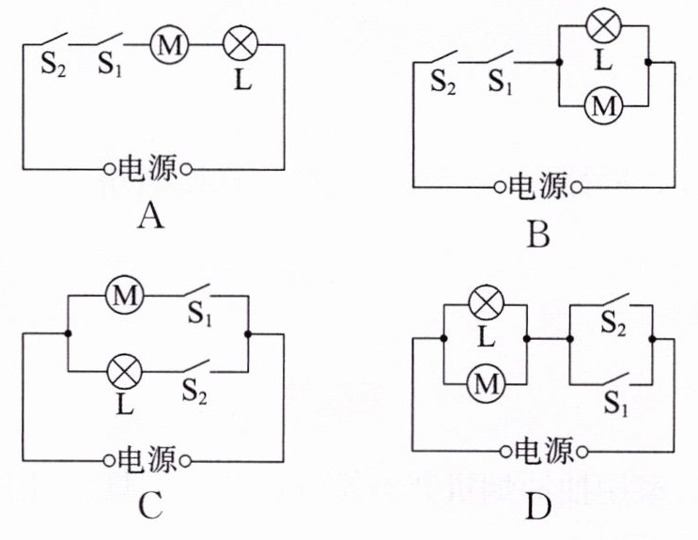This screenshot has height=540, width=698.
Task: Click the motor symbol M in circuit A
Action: [x=169, y=45]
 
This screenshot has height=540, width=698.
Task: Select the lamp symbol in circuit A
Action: [x=240, y=44]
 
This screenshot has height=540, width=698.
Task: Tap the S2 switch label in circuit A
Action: [x=53, y=66]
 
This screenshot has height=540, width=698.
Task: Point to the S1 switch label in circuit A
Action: [x=110, y=65]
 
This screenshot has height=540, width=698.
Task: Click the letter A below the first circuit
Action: [x=150, y=217]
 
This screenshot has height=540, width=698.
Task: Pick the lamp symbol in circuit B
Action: [x=604, y=25]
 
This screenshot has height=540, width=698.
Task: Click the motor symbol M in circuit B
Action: [x=604, y=106]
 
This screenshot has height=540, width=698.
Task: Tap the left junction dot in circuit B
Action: [x=559, y=62]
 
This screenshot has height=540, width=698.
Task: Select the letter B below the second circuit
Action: [x=538, y=235]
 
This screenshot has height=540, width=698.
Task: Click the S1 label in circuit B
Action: [x=501, y=82]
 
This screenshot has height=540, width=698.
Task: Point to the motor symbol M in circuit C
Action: [x=125, y=296]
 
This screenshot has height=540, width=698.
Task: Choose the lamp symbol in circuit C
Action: [x=125, y=372]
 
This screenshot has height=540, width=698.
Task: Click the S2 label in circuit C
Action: [x=194, y=392]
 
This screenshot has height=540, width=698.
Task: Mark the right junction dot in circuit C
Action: [x=248, y=334]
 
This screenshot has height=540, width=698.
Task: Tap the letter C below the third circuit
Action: [x=150, y=505]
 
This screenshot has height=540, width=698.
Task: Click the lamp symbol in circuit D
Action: [x=486, y=304]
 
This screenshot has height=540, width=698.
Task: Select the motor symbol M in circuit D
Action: [x=486, y=384]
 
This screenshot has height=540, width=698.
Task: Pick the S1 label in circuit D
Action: [x=615, y=404]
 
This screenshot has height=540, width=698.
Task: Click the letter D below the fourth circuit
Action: [x=538, y=507]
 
